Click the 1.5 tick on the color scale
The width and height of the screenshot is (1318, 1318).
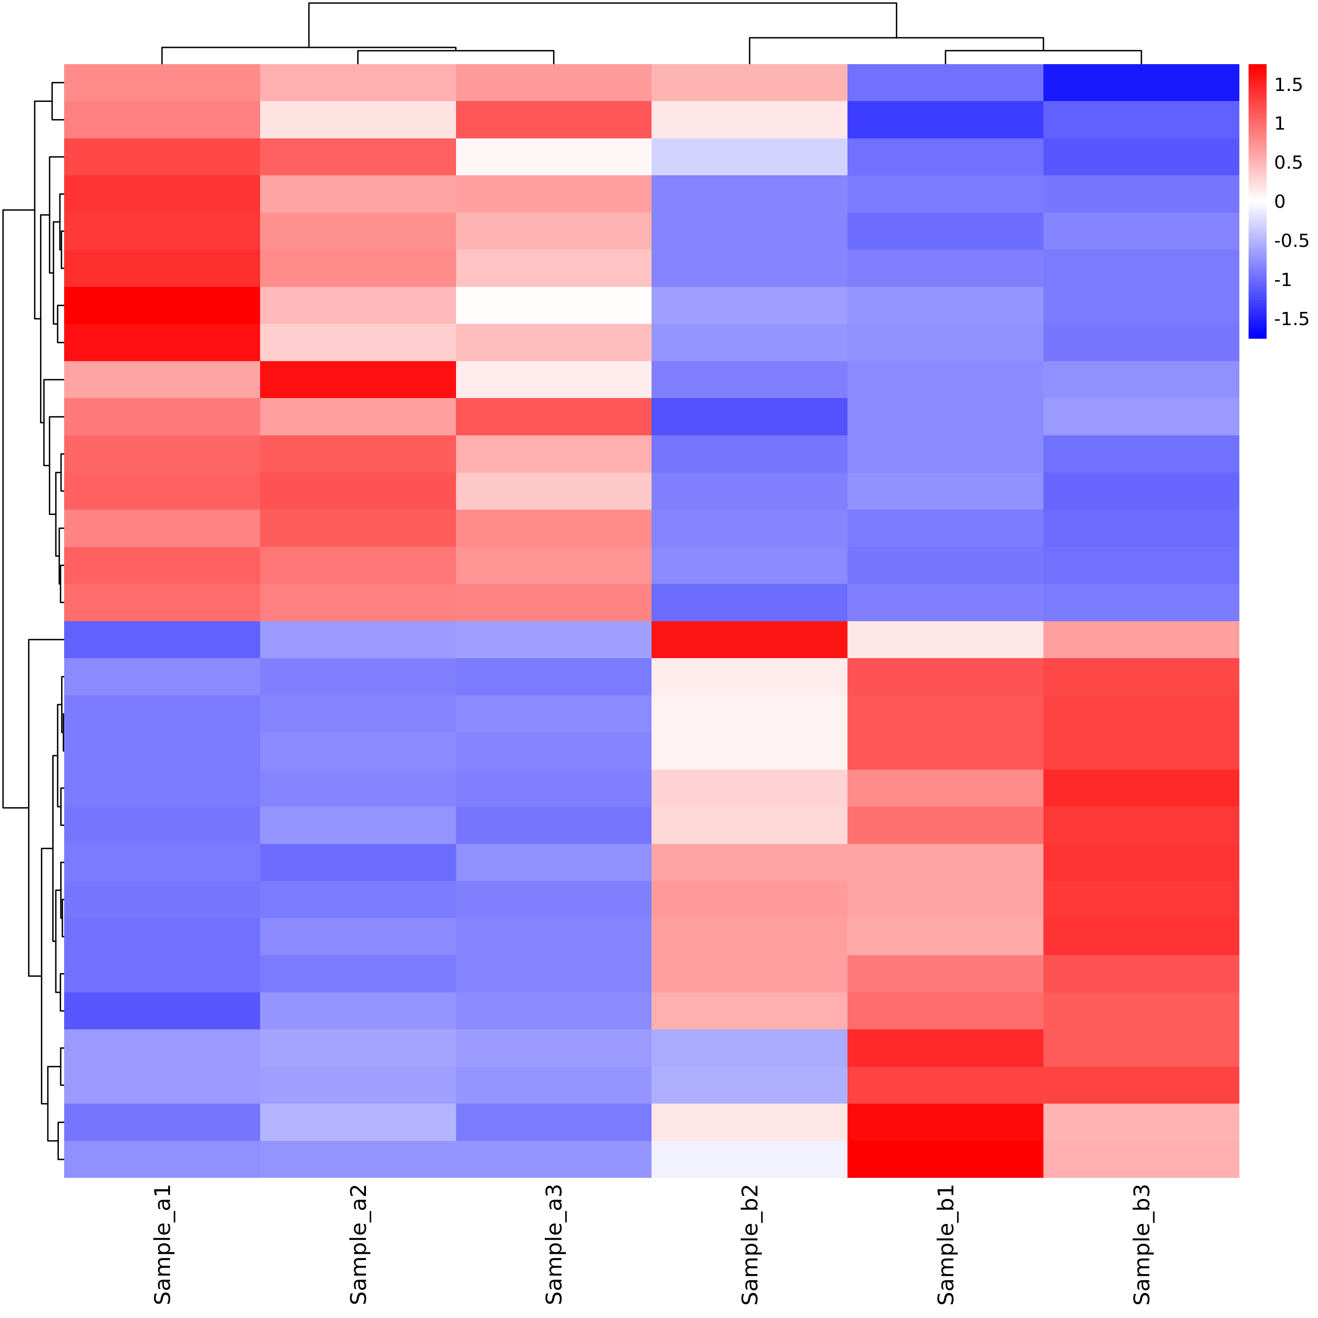click(x=1288, y=85)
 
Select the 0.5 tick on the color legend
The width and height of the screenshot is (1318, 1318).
click(x=1288, y=163)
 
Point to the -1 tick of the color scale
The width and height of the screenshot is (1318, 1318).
click(x=1282, y=280)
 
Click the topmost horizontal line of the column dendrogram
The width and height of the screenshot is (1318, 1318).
click(x=602, y=4)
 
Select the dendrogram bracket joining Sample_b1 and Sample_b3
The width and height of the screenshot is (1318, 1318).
click(x=1043, y=51)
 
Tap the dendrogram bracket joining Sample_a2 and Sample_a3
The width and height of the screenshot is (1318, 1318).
click(x=456, y=51)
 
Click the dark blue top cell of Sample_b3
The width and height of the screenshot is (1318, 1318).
click(x=1141, y=83)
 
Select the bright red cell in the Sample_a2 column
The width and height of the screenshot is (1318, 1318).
click(x=358, y=379)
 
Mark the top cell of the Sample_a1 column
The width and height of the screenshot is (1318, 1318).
click(x=163, y=83)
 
